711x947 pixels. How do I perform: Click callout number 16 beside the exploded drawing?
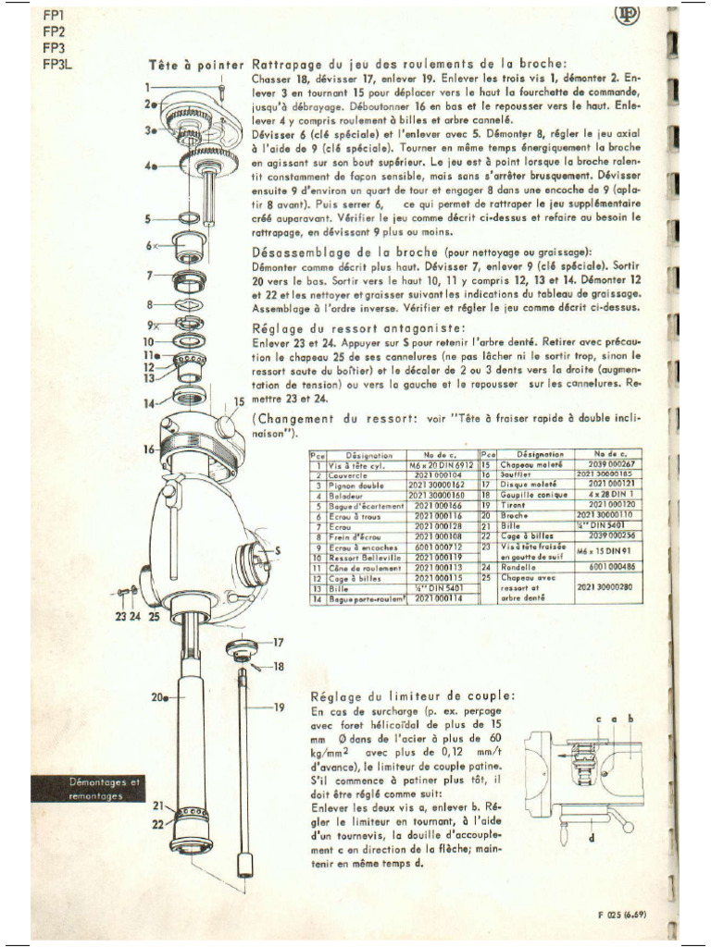click(x=148, y=449)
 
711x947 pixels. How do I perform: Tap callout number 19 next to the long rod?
click(x=279, y=707)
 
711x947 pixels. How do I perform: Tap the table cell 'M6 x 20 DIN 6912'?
click(x=443, y=464)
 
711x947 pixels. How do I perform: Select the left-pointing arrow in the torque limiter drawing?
click(x=564, y=754)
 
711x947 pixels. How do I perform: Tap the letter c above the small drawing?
click(x=599, y=719)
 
